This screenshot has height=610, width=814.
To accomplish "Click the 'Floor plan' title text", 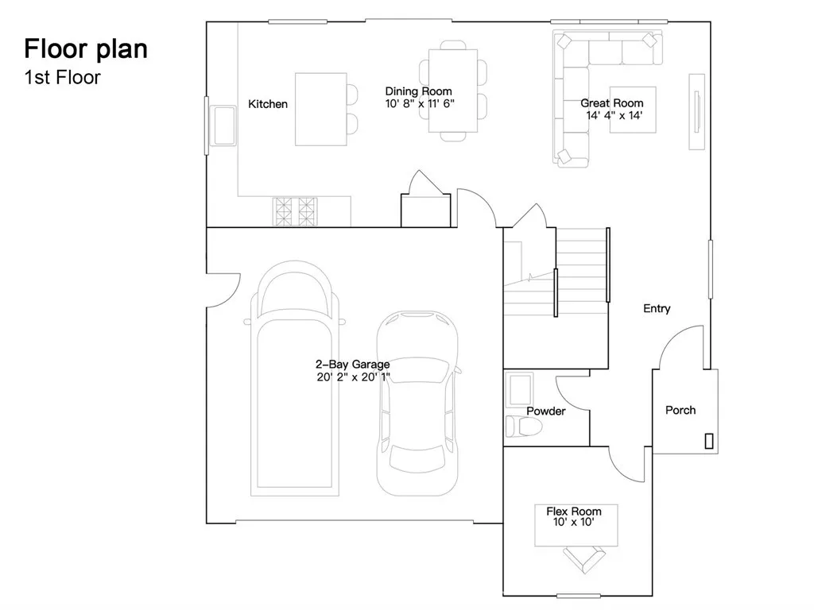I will [x=85, y=48].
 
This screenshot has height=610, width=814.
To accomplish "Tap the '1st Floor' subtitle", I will [x=62, y=78].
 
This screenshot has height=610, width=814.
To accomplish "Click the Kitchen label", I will [x=268, y=104].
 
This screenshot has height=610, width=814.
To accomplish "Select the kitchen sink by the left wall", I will [x=223, y=125].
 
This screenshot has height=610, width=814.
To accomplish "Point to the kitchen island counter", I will [x=320, y=109].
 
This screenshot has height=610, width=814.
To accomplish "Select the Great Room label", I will [x=611, y=103].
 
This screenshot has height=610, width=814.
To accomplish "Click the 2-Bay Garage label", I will [x=353, y=365].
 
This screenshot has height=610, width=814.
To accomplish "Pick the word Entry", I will [x=657, y=308].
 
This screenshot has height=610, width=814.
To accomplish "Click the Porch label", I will [x=680, y=410].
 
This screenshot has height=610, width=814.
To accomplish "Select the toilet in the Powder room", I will [x=522, y=427].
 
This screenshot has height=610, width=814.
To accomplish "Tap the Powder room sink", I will [x=521, y=390].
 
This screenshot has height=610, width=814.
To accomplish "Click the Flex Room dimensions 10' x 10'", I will [x=573, y=523].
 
